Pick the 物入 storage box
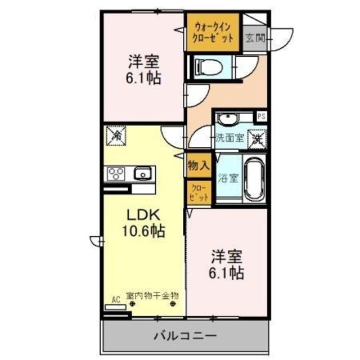[199, 166]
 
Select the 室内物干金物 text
[153, 295]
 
